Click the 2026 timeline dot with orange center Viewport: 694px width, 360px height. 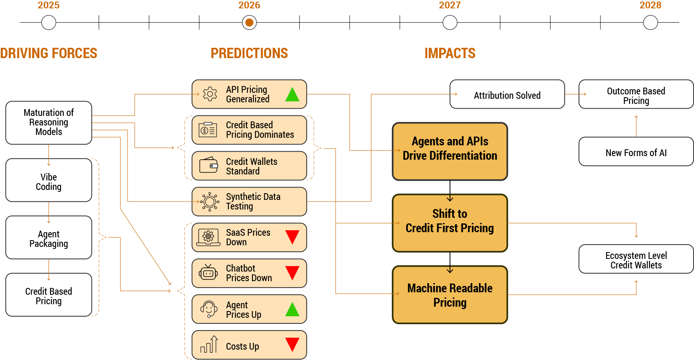click(x=249, y=23)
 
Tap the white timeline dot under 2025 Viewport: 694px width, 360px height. click(x=49, y=23)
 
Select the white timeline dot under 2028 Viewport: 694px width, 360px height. click(x=650, y=23)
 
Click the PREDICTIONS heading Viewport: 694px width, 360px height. click(x=249, y=53)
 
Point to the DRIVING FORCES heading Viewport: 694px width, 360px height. click(x=49, y=53)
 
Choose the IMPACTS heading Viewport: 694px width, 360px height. click(x=450, y=53)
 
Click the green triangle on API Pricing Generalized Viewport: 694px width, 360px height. click(x=292, y=95)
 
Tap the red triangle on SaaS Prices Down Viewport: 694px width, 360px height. click(x=292, y=237)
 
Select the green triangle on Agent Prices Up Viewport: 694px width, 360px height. click(x=292, y=309)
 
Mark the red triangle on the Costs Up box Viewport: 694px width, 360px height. click(x=292, y=344)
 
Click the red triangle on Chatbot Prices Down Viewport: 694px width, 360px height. click(x=292, y=273)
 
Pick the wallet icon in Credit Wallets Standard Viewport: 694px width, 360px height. click(x=209, y=165)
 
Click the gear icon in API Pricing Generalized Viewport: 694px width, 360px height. click(x=210, y=94)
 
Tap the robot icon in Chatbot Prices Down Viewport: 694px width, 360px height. click(x=208, y=273)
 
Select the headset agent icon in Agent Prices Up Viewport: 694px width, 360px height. click(x=209, y=309)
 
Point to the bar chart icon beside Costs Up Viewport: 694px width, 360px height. click(x=209, y=344)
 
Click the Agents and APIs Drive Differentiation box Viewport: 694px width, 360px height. click(x=450, y=151)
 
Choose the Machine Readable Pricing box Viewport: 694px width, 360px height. click(x=450, y=295)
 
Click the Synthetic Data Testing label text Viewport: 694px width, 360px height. click(x=253, y=202)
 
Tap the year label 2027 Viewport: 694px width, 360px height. click(x=450, y=5)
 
